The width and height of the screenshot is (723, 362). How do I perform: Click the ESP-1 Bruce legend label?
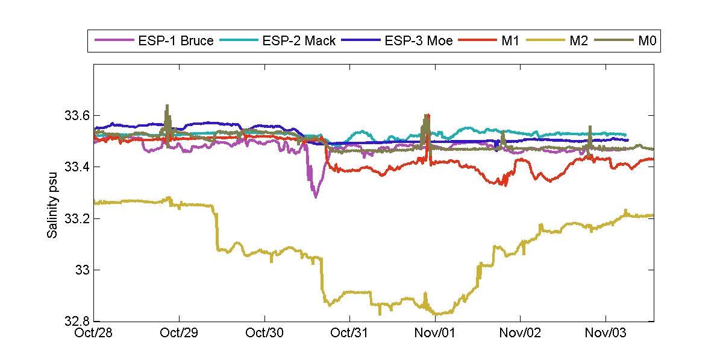pos(174,42)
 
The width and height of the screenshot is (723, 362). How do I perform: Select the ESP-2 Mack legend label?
pos(299,42)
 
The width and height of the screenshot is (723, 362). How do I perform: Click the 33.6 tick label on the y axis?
pos(77,115)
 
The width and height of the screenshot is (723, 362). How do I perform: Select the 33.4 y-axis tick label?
pos(77,167)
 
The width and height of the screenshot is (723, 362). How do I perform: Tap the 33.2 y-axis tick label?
pos(77,218)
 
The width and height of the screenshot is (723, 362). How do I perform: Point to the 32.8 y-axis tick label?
pos(77,321)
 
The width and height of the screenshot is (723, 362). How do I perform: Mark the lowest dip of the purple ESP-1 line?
pos(315,196)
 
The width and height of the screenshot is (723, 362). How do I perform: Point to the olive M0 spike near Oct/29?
pos(167,106)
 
